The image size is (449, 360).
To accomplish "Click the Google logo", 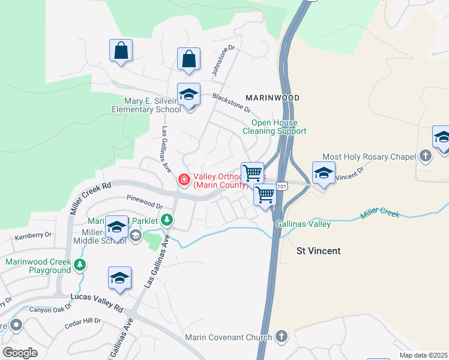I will click(20, 353).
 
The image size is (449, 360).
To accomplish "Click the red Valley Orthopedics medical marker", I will click(184, 179).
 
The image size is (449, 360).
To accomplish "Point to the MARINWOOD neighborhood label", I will click(272, 97).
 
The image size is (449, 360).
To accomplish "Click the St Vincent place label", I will click(319, 251).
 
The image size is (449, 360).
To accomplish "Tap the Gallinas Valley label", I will click(303, 224).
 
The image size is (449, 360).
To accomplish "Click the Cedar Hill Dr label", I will click(83, 323).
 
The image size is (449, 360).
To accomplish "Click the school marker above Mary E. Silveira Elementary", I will click(188, 95).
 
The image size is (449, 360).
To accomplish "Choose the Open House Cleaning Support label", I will click(274, 127).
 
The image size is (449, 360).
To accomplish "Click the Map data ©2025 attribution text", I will click(423, 355).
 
